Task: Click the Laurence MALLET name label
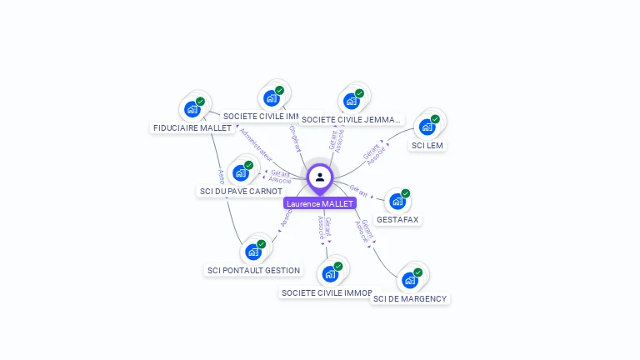click(x=320, y=203)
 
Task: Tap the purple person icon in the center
click(x=320, y=177)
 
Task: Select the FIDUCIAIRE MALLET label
click(x=192, y=127)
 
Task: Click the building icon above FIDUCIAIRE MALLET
click(x=192, y=109)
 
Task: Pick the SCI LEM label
click(x=427, y=145)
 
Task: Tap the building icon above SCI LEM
click(x=427, y=127)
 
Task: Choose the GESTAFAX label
click(x=397, y=219)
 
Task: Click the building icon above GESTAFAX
click(x=397, y=201)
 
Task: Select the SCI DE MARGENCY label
click(x=410, y=298)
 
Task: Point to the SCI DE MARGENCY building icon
click(x=410, y=280)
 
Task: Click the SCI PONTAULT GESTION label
click(x=253, y=270)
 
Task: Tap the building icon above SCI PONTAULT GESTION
click(x=253, y=252)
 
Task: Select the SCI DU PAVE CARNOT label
click(x=241, y=191)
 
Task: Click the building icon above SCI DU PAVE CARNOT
click(x=241, y=172)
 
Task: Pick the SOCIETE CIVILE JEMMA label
click(x=352, y=119)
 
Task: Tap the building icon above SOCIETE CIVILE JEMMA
click(x=352, y=101)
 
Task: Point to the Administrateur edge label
click(x=256, y=142)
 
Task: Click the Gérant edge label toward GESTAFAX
click(x=359, y=190)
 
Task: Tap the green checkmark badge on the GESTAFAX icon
click(x=406, y=193)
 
